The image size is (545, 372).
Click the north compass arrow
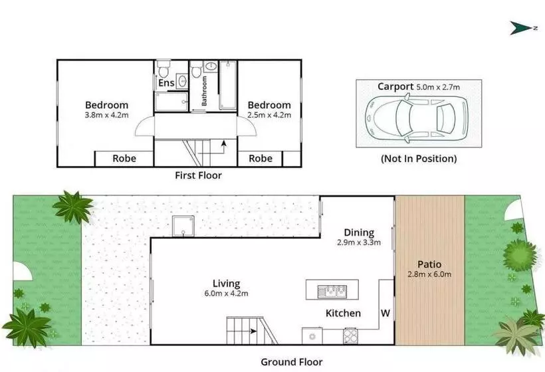(521, 28)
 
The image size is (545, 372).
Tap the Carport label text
(395, 86)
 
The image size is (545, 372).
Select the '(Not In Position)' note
(419, 159)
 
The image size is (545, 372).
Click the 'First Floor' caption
(198, 175)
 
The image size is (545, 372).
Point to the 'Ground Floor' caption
(292, 362)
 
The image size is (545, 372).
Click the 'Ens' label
(166, 83)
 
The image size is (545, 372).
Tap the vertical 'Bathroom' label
(204, 91)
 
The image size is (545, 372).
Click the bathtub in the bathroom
(228, 85)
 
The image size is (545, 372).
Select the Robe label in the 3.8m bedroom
(124, 159)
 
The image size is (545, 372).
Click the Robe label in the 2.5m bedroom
(261, 159)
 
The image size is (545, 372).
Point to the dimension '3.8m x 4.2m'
(107, 116)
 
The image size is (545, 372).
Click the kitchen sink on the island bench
(332, 292)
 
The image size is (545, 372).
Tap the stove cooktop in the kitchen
(351, 336)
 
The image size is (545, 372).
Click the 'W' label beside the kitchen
(385, 314)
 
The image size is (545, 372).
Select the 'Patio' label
(429, 264)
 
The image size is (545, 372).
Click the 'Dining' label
(359, 232)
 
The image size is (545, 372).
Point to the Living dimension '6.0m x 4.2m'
(226, 294)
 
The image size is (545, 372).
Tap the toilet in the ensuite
(163, 68)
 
